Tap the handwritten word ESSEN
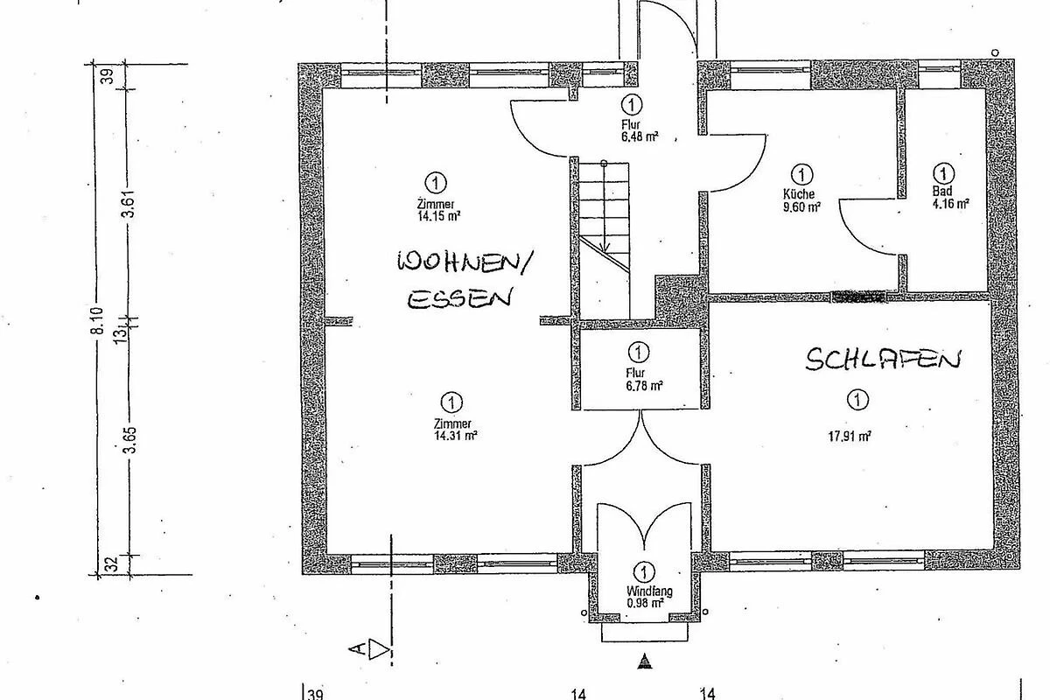pyautogui.click(x=459, y=298)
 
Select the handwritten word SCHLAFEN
pyautogui.click(x=883, y=360)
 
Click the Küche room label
pyautogui.click(x=799, y=193)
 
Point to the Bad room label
pyautogui.click(x=942, y=192)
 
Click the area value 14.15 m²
pyautogui.click(x=438, y=216)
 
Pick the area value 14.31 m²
pyautogui.click(x=455, y=436)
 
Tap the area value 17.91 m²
pyautogui.click(x=850, y=437)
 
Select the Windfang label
pyautogui.click(x=648, y=591)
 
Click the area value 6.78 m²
pyautogui.click(x=645, y=386)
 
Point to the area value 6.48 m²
pyautogui.click(x=640, y=136)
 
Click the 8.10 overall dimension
pyautogui.click(x=97, y=321)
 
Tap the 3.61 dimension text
pyautogui.click(x=128, y=204)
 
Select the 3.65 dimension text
pyautogui.click(x=129, y=440)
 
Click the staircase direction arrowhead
pyautogui.click(x=605, y=248)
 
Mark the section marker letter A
pyautogui.click(x=357, y=649)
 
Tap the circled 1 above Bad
pyautogui.click(x=943, y=173)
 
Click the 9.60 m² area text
pyautogui.click(x=801, y=206)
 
